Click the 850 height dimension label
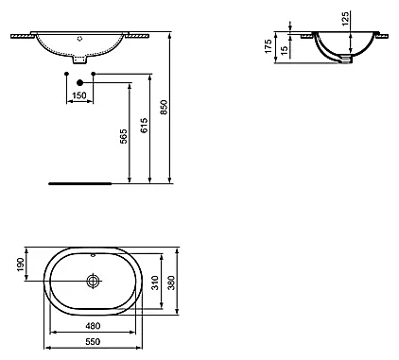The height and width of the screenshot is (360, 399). pos(165,107)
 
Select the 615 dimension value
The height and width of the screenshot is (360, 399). pos(144,126)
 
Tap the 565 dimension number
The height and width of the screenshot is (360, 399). pos(124,136)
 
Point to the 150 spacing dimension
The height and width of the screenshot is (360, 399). pos(79,95)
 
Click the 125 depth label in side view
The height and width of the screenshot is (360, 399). pos(345,18)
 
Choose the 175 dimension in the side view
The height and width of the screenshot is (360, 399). pos(268,46)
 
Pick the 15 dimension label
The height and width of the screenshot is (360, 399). pos(284,51)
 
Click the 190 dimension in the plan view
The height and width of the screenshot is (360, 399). pos(20,265)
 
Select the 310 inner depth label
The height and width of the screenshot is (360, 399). pos(155,283)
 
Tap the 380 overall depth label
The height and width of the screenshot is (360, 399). pos(171,283)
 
